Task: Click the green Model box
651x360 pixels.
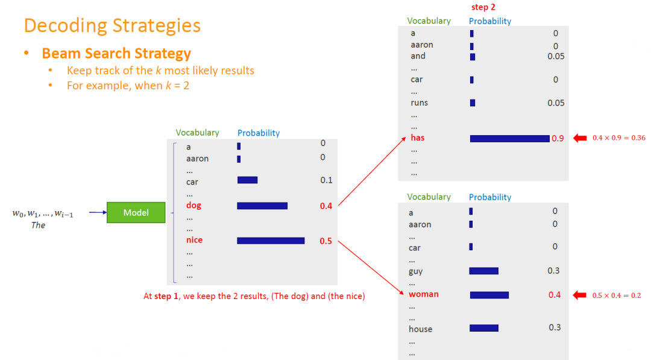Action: point(136,213)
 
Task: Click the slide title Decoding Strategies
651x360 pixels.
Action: point(112,25)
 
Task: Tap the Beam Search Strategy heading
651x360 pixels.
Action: point(116,54)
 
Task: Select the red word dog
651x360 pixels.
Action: point(193,206)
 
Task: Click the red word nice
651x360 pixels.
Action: point(194,240)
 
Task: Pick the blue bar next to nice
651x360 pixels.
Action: point(271,241)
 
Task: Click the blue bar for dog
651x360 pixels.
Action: point(262,206)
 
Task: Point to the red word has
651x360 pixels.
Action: point(418,137)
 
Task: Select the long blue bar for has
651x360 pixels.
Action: point(509,139)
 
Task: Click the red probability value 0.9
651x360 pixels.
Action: point(558,139)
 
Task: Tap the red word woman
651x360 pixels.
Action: point(424,294)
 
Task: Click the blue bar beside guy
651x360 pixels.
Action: point(483,271)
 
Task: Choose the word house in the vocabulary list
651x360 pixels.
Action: point(420,329)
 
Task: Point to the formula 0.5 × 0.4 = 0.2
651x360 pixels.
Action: point(617,295)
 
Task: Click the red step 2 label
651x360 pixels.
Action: point(483,7)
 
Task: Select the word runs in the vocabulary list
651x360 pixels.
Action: point(419,103)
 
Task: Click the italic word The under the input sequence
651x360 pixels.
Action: point(38,226)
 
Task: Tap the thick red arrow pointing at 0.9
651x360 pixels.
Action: point(580,138)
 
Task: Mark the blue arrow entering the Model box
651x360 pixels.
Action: point(98,212)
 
